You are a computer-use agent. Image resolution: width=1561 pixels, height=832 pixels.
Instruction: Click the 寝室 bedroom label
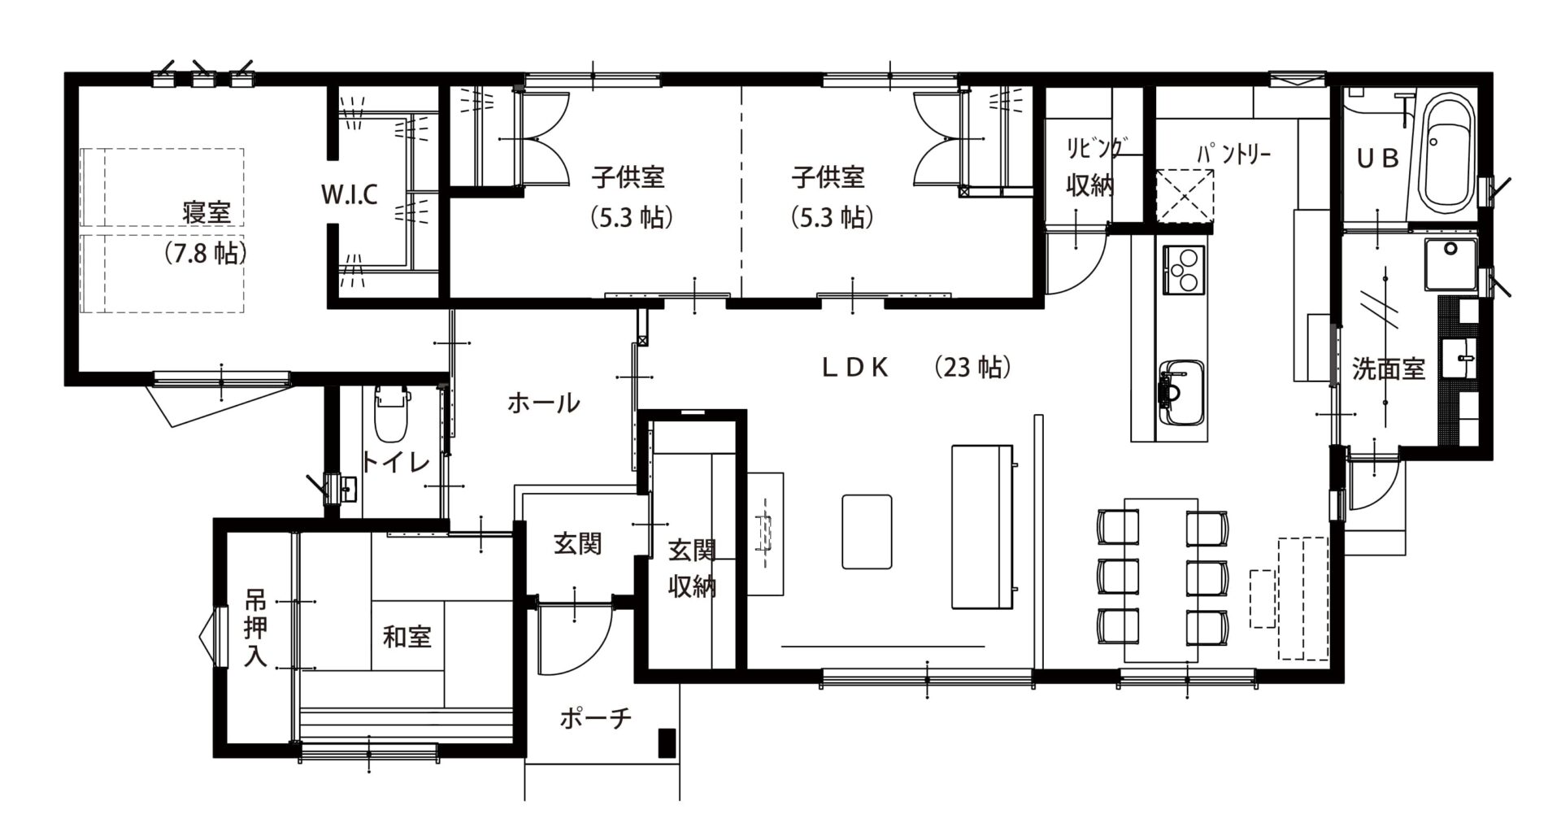coord(207,213)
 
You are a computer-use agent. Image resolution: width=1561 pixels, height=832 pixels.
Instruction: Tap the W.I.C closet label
coord(349,195)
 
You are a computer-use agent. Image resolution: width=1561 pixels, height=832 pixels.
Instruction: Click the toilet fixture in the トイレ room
coord(393,415)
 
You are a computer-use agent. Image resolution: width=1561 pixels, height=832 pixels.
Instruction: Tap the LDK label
coord(854,368)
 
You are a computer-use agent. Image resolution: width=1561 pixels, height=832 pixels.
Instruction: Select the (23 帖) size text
coord(972,368)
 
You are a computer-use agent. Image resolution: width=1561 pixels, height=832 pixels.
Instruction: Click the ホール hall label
coord(543,403)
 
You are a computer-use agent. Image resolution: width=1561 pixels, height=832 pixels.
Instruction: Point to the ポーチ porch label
coord(595,719)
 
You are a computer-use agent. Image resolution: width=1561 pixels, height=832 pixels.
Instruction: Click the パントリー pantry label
coord(1233,153)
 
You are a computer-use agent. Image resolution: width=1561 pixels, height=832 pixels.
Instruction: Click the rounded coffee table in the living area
coord(867,531)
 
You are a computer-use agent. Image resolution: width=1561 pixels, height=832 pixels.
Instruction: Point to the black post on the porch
coord(666,742)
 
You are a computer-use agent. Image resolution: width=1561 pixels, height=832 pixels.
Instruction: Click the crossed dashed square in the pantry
coord(1185,194)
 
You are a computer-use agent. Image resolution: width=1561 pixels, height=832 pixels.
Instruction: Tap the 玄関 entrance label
coord(577,543)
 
